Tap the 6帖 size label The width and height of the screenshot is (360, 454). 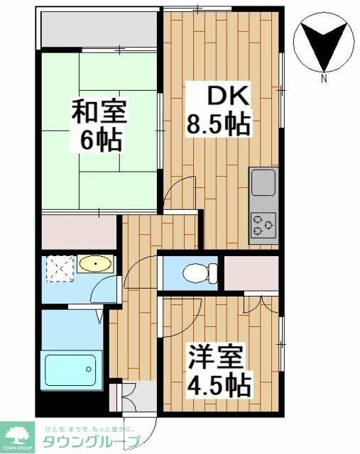(99, 140)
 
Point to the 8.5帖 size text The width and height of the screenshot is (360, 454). (217, 125)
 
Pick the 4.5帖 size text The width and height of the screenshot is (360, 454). (217, 384)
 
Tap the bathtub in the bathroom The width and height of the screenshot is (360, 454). (71, 368)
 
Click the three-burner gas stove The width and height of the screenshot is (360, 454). (263, 225)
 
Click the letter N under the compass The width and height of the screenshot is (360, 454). (324, 79)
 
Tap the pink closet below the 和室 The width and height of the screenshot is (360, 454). (79, 231)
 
